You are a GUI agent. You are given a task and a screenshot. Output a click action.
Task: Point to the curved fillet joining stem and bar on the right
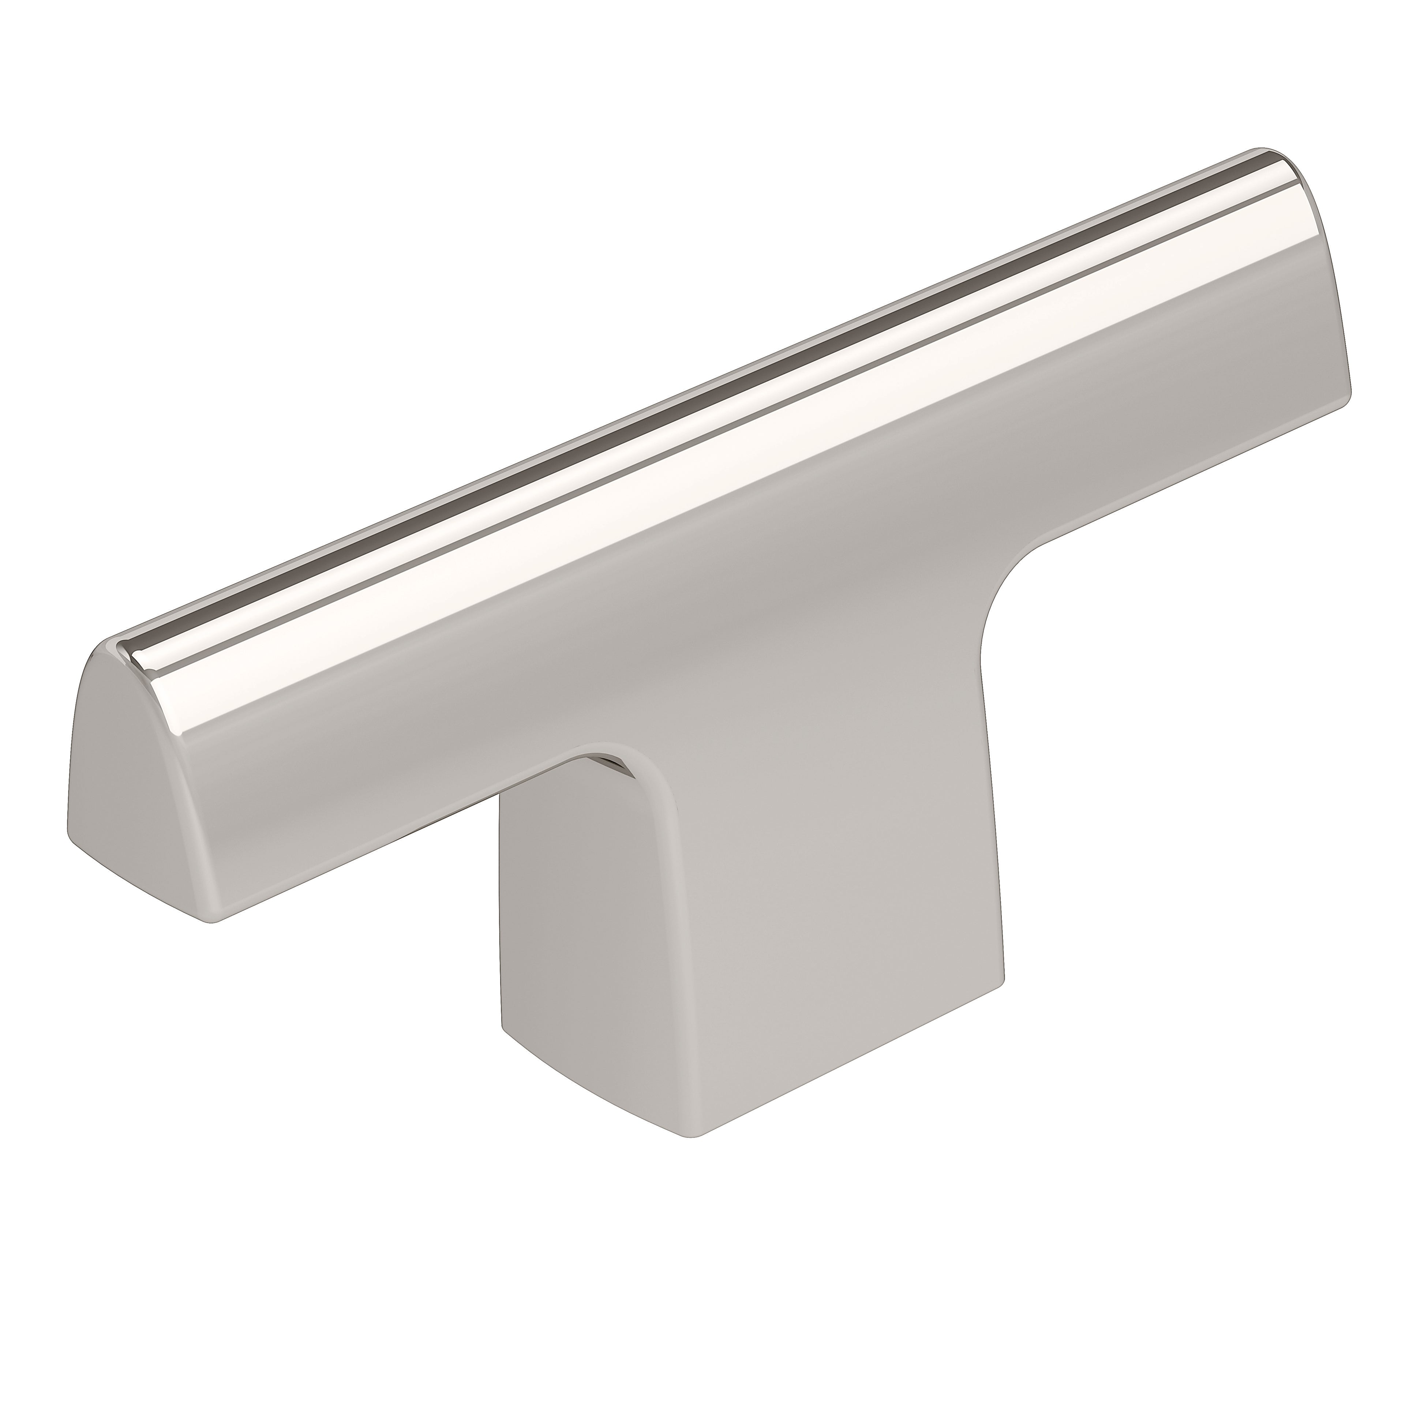1018,582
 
